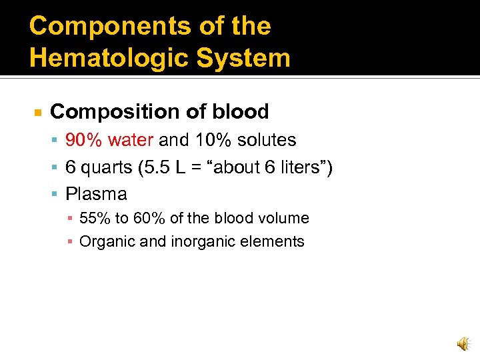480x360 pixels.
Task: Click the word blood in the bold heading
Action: tap(238, 111)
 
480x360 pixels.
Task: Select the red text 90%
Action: tap(84, 140)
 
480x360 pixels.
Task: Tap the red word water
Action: tap(131, 140)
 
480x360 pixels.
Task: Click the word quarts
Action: tap(105, 167)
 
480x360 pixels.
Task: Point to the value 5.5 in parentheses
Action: tap(159, 167)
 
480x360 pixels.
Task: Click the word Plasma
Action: tap(96, 194)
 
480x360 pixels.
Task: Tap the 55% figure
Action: tap(95, 218)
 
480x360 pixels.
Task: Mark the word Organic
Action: tap(104, 241)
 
